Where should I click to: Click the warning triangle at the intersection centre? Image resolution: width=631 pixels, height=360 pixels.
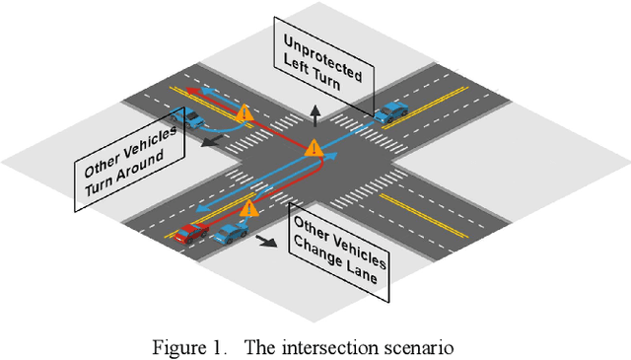[315, 149]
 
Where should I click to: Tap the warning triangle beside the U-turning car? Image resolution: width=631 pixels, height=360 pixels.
[246, 118]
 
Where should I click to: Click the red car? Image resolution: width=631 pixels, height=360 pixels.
[191, 232]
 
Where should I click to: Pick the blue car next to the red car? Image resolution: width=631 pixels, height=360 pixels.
[231, 234]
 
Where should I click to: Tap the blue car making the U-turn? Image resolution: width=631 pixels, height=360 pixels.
[187, 119]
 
